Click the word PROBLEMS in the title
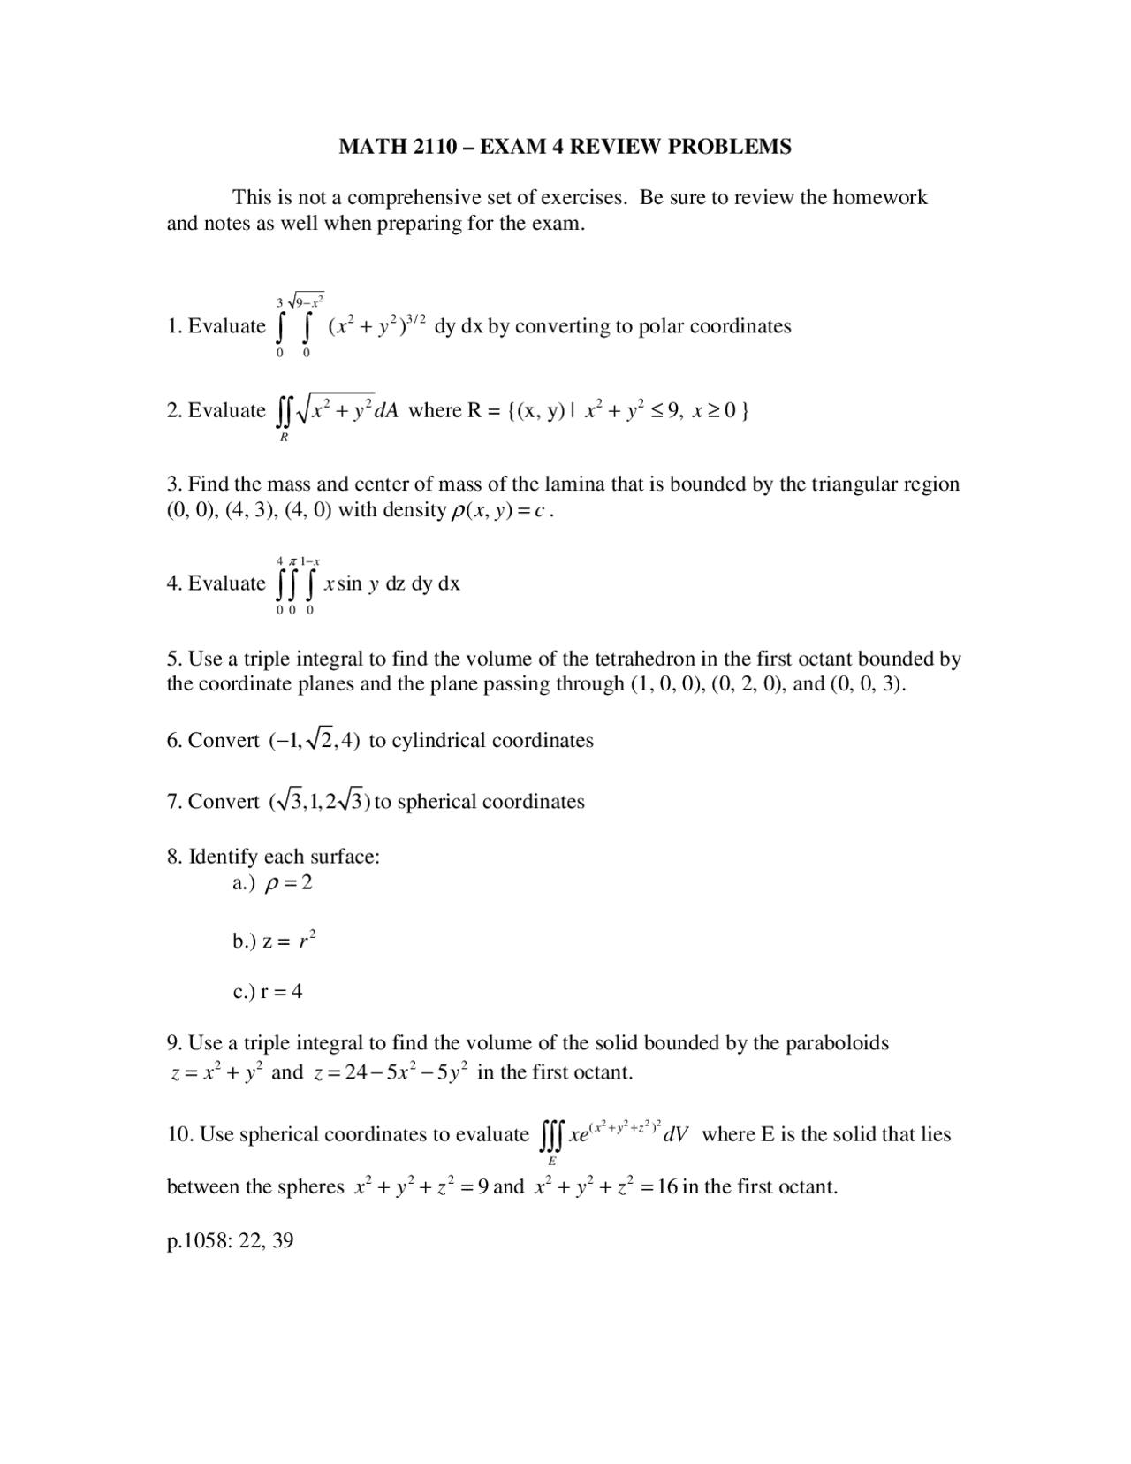(x=729, y=147)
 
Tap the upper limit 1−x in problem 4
(x=310, y=561)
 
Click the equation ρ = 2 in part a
(x=289, y=883)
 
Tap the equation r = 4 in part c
(x=281, y=992)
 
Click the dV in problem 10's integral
(x=676, y=1135)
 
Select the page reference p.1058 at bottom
(x=198, y=1241)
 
